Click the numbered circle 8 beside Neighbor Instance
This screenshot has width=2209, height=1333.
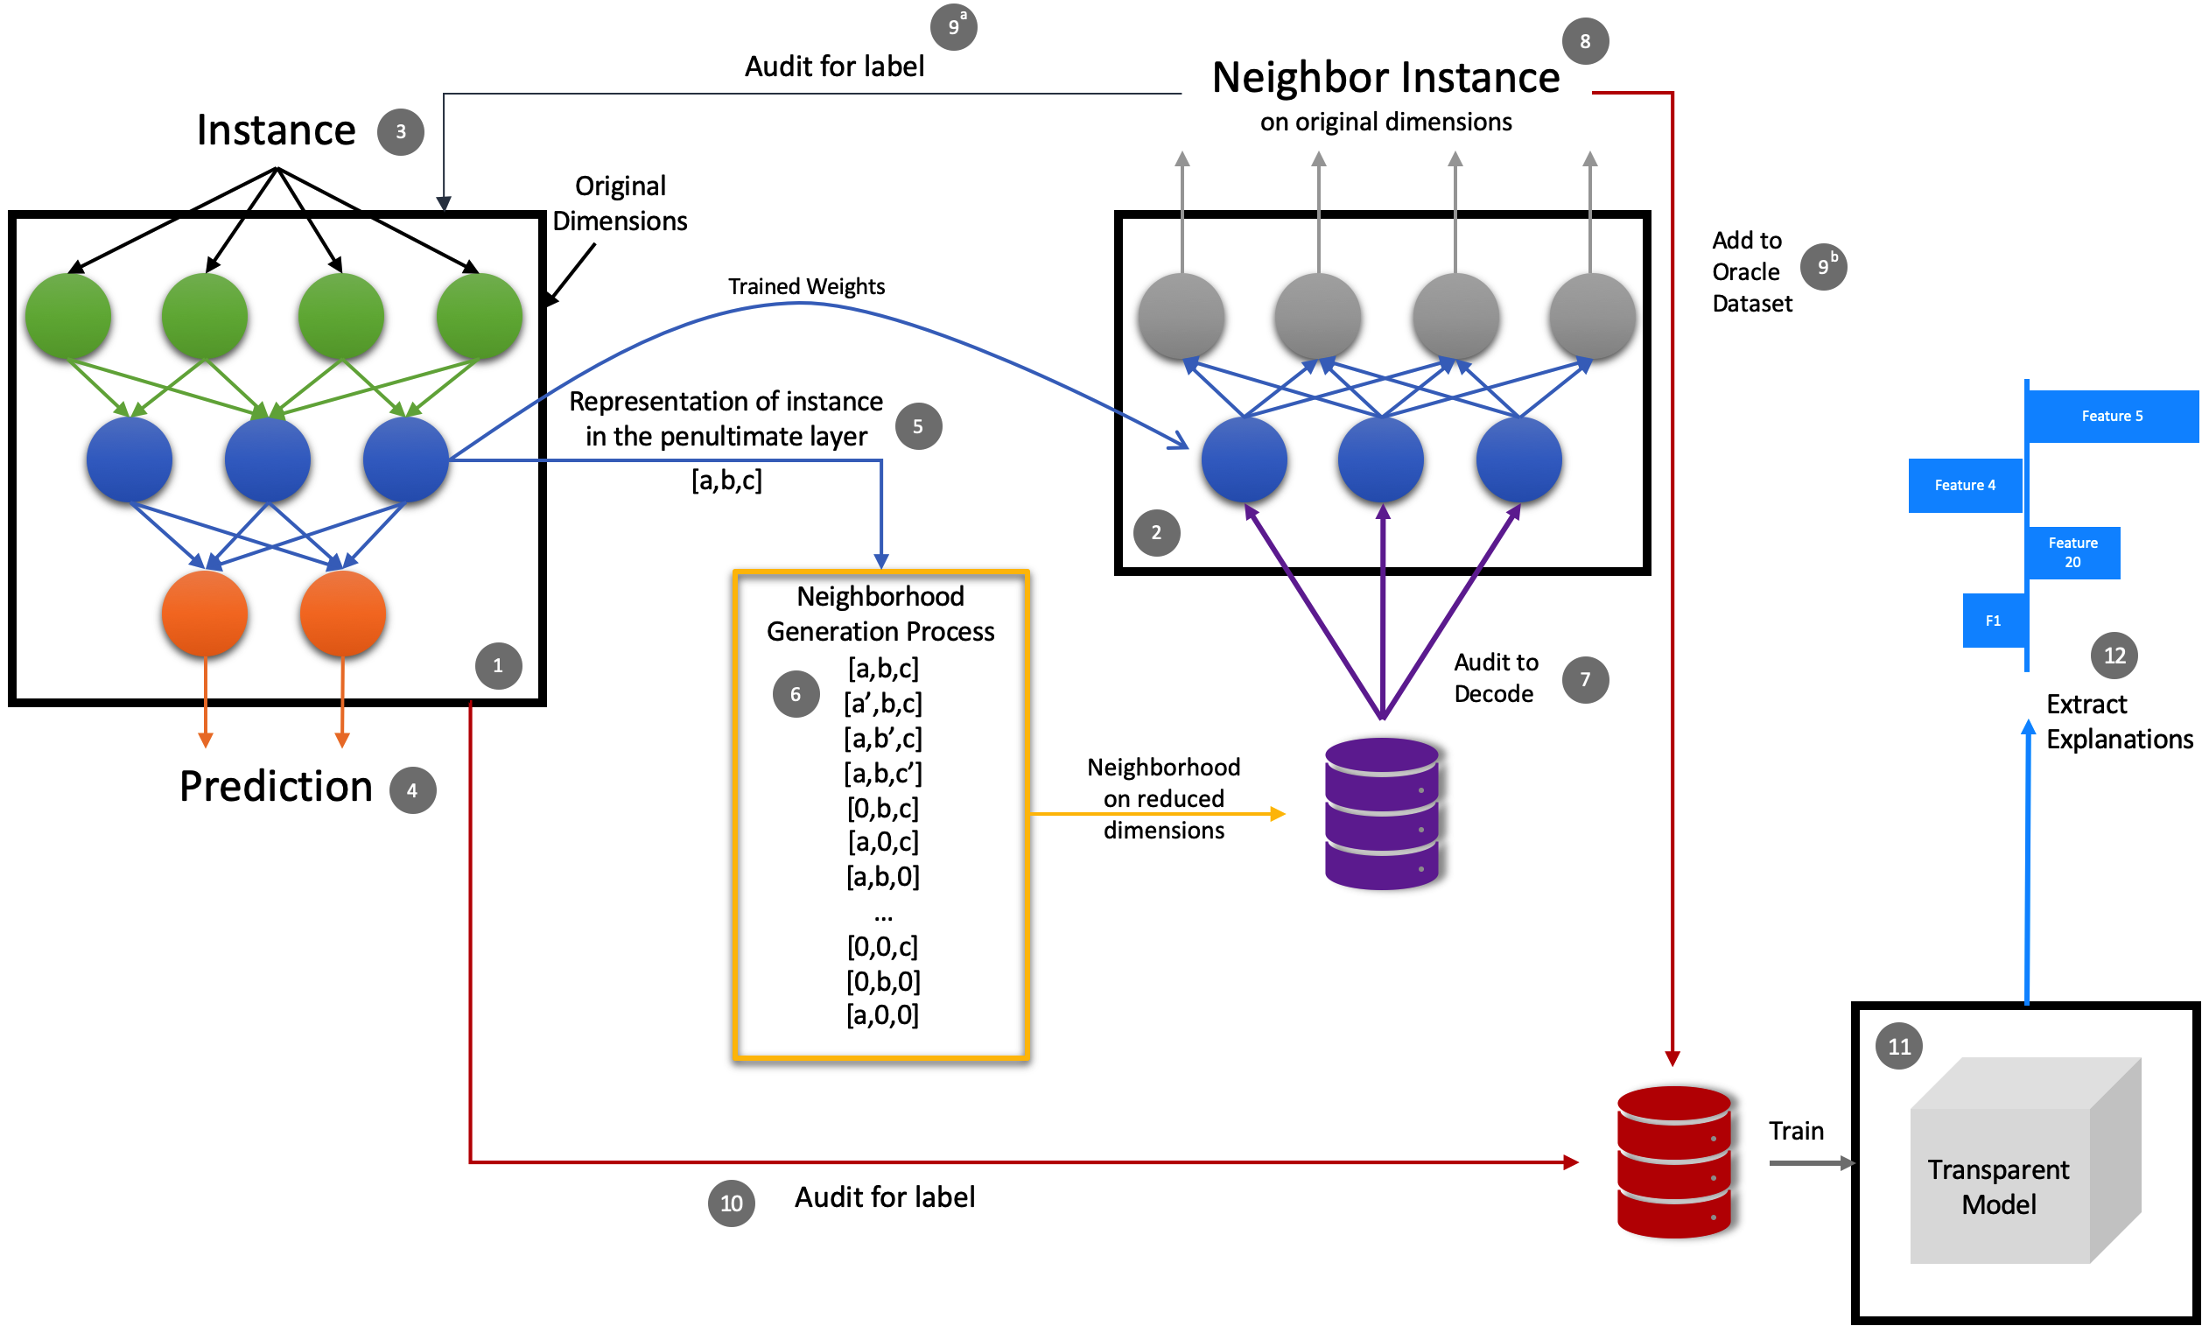coord(1585,41)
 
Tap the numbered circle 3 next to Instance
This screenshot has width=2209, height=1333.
coord(401,132)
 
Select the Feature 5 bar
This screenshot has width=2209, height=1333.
coord(2112,416)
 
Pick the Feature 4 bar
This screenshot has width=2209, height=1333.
coord(1965,485)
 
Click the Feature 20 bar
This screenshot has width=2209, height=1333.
coord(2072,552)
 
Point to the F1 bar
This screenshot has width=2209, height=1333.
coord(1994,621)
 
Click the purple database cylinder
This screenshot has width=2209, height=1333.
coord(1383,813)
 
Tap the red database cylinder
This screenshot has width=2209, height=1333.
coord(1673,1161)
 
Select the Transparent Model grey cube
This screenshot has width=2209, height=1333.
coord(2025,1161)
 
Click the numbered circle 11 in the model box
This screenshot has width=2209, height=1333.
coord(1900,1046)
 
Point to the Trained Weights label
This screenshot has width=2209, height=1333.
coord(806,286)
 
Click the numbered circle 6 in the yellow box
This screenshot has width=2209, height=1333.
coord(796,694)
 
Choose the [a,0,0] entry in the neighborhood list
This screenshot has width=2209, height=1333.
coord(883,1015)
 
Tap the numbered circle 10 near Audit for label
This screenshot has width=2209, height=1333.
coord(732,1203)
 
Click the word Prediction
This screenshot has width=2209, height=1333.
coord(277,786)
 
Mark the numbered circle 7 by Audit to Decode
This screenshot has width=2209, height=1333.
coord(1585,679)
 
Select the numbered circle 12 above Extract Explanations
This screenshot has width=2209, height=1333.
coord(2114,656)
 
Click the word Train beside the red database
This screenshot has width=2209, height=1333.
coord(1797,1132)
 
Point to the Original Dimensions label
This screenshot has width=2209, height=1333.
coord(621,203)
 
